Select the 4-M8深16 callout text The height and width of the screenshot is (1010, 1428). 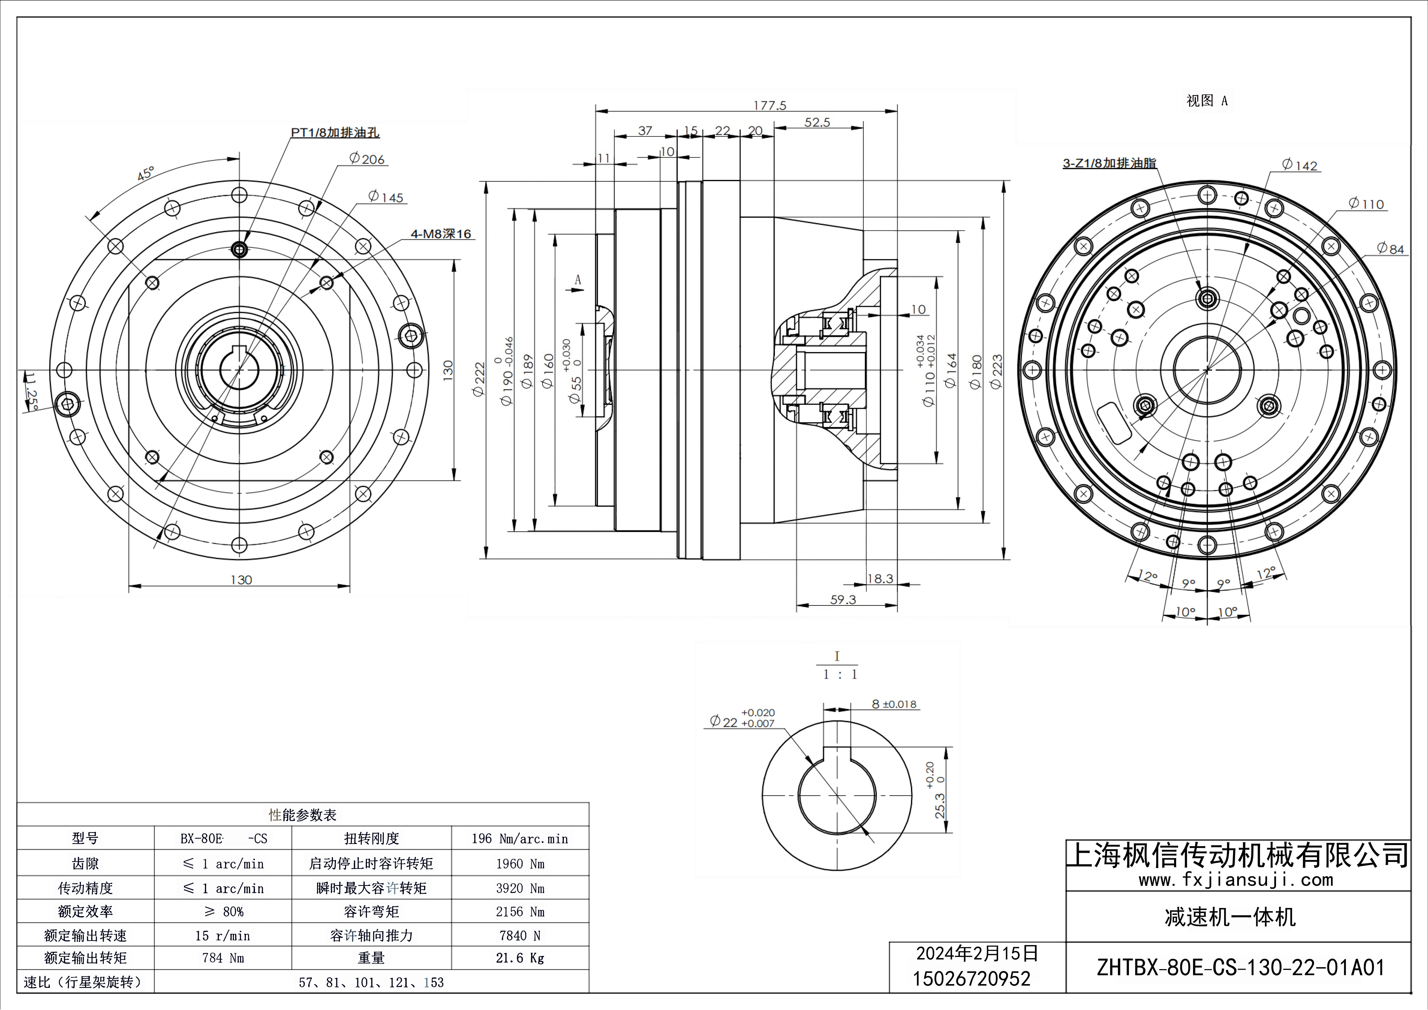click(441, 234)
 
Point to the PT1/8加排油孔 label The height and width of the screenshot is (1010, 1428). click(334, 132)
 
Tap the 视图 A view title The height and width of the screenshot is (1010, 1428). click(1207, 101)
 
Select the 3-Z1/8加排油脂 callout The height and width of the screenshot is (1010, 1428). click(1109, 164)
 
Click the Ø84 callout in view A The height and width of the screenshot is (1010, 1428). click(1391, 249)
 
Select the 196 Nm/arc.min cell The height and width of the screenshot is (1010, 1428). click(520, 839)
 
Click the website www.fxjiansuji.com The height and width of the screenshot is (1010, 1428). click(1236, 880)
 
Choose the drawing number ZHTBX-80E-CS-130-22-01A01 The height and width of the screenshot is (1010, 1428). click(1241, 968)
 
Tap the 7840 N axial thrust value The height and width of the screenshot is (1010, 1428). click(520, 935)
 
